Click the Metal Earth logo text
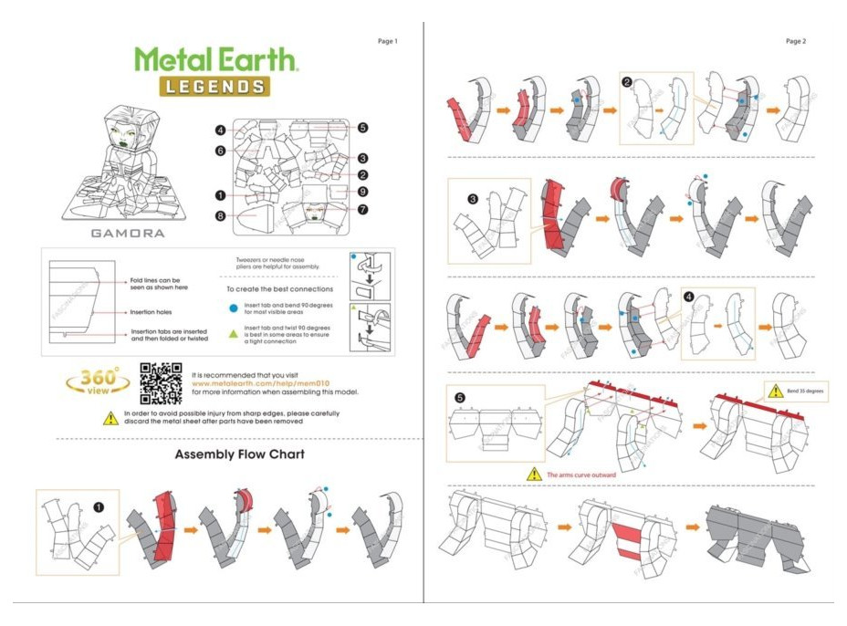point(216,59)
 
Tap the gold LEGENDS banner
point(216,86)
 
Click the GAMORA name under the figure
point(128,233)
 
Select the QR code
point(161,383)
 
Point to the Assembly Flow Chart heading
point(239,454)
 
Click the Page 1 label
point(388,41)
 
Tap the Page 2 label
point(796,41)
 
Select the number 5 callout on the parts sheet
point(362,129)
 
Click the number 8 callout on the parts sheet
point(220,215)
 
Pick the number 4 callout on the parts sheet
point(220,130)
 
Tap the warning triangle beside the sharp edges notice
point(110,418)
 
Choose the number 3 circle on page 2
point(473,198)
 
